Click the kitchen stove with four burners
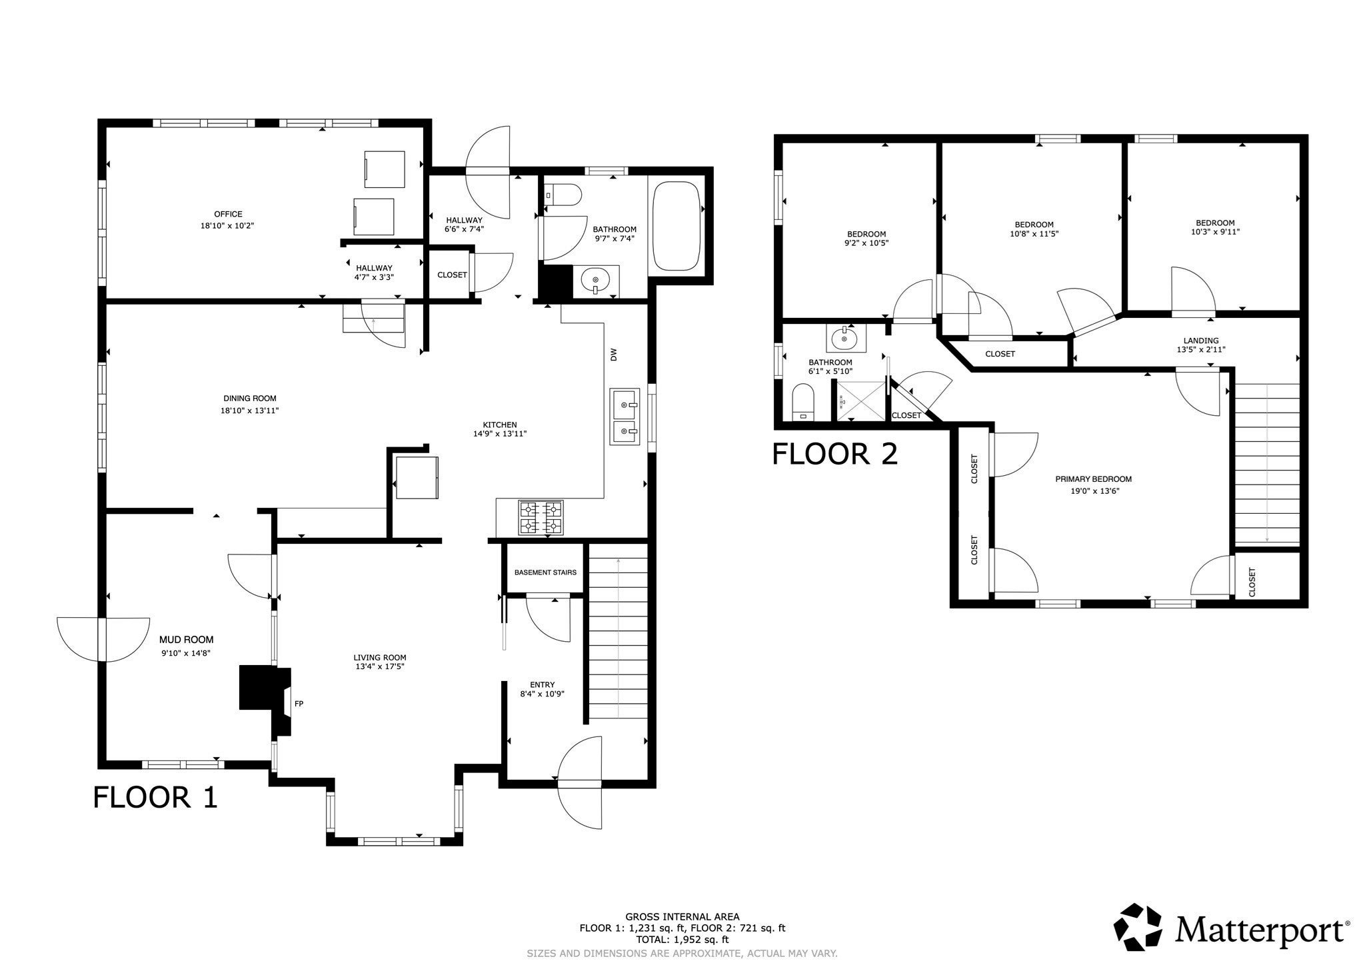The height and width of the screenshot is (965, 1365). click(x=540, y=518)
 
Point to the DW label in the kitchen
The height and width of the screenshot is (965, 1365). click(x=614, y=355)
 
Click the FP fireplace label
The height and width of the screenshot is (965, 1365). click(x=299, y=703)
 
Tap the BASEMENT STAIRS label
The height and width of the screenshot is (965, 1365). click(x=545, y=572)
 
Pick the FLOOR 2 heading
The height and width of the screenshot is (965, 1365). click(x=834, y=455)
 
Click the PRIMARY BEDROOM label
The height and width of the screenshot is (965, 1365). click(x=1093, y=479)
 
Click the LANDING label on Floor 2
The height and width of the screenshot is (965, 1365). click(x=1201, y=341)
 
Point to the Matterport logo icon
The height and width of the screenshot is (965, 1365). click(x=1142, y=927)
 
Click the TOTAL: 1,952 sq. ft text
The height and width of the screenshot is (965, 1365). click(x=682, y=940)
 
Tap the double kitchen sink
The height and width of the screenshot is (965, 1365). click(x=624, y=417)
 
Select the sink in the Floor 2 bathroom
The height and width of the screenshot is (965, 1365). click(x=846, y=339)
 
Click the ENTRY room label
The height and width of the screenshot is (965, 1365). click(x=542, y=684)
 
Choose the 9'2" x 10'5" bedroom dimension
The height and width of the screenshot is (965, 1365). click(x=866, y=243)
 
